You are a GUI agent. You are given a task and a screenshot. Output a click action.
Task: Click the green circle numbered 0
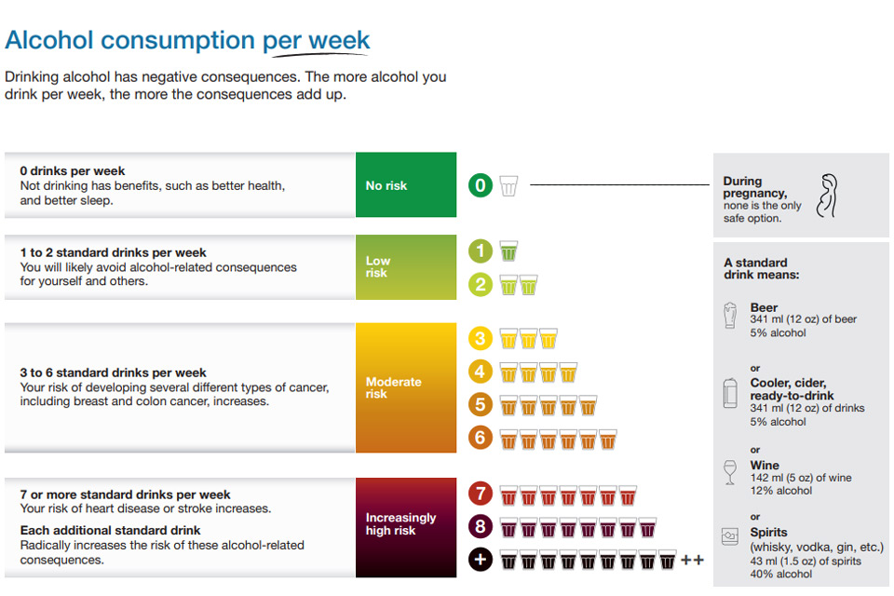pyautogui.click(x=481, y=185)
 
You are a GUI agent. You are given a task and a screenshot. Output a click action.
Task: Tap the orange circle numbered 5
pyautogui.click(x=481, y=404)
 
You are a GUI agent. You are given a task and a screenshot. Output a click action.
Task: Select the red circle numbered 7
pyautogui.click(x=481, y=494)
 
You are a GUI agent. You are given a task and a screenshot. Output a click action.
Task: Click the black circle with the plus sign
pyautogui.click(x=481, y=560)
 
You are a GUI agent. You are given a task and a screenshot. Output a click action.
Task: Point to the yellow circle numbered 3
pyautogui.click(x=481, y=338)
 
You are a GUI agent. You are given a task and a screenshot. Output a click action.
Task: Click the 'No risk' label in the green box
pyautogui.click(x=386, y=185)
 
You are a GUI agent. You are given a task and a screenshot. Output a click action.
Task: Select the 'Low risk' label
pyautogui.click(x=377, y=267)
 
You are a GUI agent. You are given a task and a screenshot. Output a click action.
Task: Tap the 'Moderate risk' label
pyautogui.click(x=393, y=387)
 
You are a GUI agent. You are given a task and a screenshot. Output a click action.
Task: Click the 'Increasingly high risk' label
pyautogui.click(x=400, y=524)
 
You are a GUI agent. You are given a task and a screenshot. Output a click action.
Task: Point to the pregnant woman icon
pyautogui.click(x=828, y=196)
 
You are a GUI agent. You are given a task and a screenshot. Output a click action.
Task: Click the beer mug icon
pyautogui.click(x=730, y=316)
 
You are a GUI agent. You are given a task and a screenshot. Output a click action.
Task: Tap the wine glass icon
pyautogui.click(x=730, y=472)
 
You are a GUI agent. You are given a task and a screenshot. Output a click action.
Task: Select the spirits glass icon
pyautogui.click(x=730, y=536)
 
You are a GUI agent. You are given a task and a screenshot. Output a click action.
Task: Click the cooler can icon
pyautogui.click(x=730, y=393)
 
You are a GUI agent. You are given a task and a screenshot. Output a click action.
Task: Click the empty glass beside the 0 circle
pyautogui.click(x=508, y=186)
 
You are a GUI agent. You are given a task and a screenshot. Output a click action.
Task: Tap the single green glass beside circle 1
pyautogui.click(x=508, y=251)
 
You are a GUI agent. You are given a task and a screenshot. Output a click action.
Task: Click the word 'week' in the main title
pyautogui.click(x=339, y=40)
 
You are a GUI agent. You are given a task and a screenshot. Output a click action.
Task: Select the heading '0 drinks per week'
pyautogui.click(x=73, y=170)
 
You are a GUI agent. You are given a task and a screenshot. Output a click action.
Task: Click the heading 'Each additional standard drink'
pyautogui.click(x=110, y=531)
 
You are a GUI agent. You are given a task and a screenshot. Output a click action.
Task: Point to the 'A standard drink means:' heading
pyautogui.click(x=761, y=268)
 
